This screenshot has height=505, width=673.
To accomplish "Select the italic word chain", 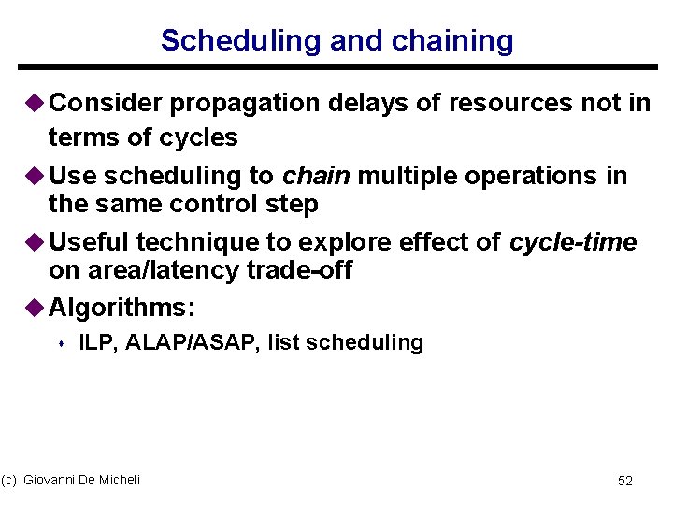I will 317,176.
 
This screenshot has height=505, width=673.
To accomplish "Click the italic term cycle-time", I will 573,243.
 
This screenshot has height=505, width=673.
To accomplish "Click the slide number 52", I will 625,481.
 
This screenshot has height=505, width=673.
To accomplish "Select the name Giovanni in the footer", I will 52,480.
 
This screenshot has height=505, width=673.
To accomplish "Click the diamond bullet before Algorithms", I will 36,307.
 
